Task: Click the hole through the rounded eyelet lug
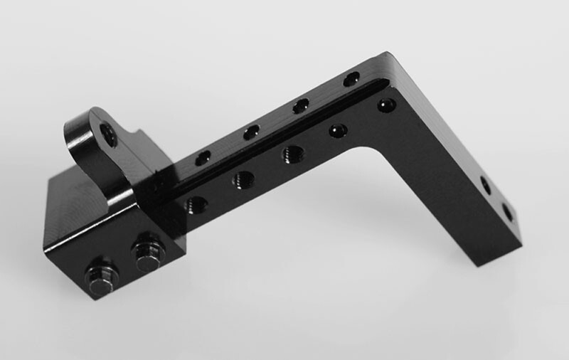pos(109,134)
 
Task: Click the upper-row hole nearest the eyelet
pos(203,157)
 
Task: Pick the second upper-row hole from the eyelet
pos(251,132)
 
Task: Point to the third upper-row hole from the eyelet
pos(301,106)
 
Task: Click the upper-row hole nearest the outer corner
pos(351,80)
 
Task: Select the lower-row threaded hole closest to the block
pos(196,206)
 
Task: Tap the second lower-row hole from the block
pos(243,179)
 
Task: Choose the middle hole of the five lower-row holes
pos(292,154)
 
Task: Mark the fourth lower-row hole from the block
pos(338,131)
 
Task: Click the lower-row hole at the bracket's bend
pos(386,105)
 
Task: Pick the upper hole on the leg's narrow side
pos(486,186)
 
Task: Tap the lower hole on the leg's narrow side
pos(507,212)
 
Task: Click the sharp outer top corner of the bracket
pos(388,53)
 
